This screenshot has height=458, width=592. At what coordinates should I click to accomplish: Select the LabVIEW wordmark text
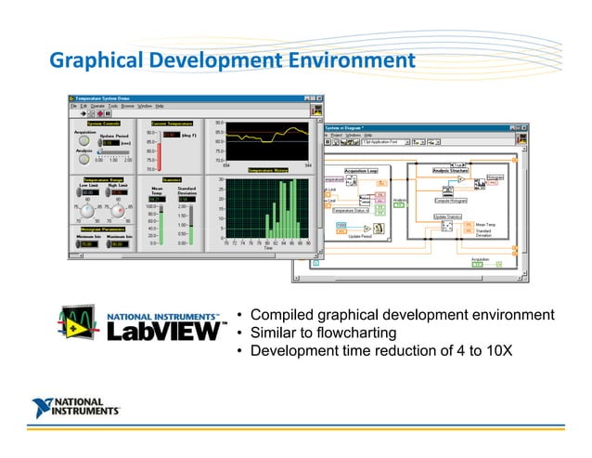166,331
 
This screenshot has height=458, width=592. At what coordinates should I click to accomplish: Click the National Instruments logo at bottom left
75,407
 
